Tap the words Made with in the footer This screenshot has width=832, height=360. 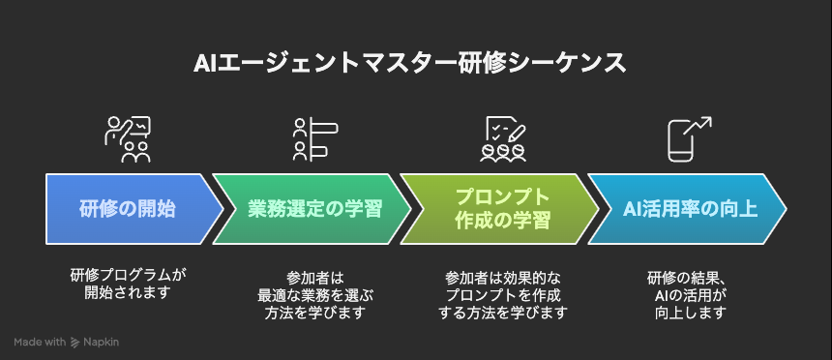[41, 343]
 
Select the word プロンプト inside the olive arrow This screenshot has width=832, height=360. [502, 197]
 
